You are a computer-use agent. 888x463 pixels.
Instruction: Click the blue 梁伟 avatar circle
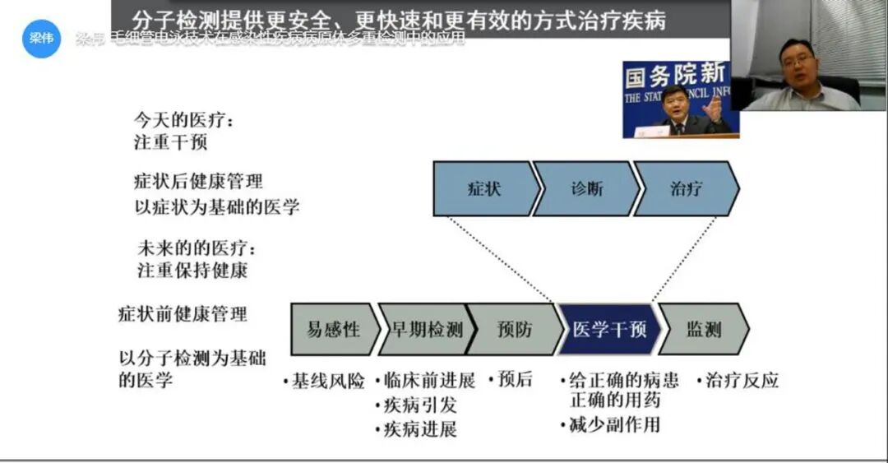click(x=41, y=38)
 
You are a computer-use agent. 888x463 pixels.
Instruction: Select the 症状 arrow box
click(x=483, y=188)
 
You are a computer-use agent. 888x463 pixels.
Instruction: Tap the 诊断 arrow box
click(x=586, y=188)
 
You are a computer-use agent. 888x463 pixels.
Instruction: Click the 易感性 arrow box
click(x=333, y=330)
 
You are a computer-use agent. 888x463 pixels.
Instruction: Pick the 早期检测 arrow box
click(x=425, y=330)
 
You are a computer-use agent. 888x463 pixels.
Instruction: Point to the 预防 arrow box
click(x=515, y=330)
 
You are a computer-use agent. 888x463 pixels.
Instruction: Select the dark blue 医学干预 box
click(x=608, y=330)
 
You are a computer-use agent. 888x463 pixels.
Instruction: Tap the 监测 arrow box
click(x=704, y=330)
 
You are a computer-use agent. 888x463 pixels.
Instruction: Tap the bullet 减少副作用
click(x=613, y=424)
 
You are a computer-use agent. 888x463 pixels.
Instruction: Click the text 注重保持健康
click(x=192, y=269)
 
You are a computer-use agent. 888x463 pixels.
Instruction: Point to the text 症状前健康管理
click(x=183, y=314)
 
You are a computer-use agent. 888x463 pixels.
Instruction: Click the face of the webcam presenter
click(x=796, y=61)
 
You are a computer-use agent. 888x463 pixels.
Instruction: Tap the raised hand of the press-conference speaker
click(x=714, y=107)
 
